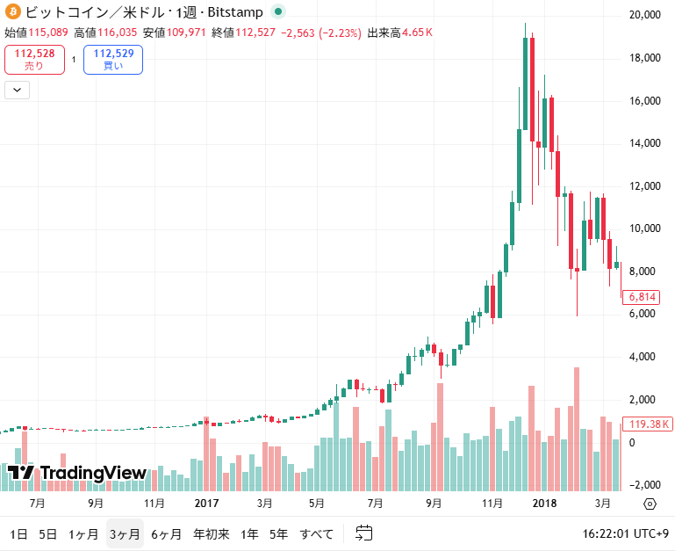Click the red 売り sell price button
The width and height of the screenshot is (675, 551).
pos(34,60)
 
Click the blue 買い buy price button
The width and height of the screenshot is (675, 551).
pos(112,60)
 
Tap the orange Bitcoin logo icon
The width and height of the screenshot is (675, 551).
pos(12,12)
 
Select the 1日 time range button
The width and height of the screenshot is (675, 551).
pos(18,533)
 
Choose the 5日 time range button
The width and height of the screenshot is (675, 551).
pos(48,533)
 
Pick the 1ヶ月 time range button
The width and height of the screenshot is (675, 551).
pos(83,533)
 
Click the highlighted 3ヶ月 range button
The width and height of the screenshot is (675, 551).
pos(125,533)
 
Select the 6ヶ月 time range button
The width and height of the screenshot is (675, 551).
pos(167,533)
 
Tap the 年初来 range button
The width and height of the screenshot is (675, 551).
pos(212,533)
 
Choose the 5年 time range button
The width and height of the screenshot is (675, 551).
pos(278,533)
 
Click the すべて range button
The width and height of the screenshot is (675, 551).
pos(317,533)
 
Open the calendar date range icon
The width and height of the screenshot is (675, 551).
pos(364,533)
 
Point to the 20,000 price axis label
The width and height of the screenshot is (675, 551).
pos(645,15)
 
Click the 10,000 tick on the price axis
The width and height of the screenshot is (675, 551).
pos(645,228)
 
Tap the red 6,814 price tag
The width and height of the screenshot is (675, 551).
pos(640,297)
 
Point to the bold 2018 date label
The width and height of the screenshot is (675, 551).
pos(545,504)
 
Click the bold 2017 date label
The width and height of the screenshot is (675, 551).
pos(205,504)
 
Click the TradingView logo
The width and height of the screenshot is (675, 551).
pos(77,473)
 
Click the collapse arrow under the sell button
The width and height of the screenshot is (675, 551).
pos(18,89)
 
